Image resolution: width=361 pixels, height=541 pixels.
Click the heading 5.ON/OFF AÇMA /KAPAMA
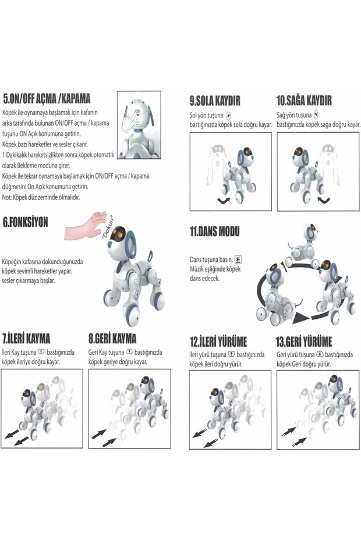tap(47, 98)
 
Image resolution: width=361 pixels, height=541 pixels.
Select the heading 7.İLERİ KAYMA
tap(26, 338)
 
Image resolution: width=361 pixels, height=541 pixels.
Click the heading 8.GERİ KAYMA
tap(112, 338)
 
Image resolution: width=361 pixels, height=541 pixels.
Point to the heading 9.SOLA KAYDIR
tap(215, 101)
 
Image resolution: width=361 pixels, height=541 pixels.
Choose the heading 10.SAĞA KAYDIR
tap(304, 101)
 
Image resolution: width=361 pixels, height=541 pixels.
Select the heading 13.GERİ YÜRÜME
tap(304, 341)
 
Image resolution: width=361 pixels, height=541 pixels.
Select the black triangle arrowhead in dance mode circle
tap(300, 317)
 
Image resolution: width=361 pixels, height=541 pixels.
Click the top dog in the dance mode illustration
tap(303, 244)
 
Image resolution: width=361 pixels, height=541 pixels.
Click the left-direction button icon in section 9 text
tap(228, 116)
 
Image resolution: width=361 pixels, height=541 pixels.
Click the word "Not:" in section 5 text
tap(8, 197)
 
